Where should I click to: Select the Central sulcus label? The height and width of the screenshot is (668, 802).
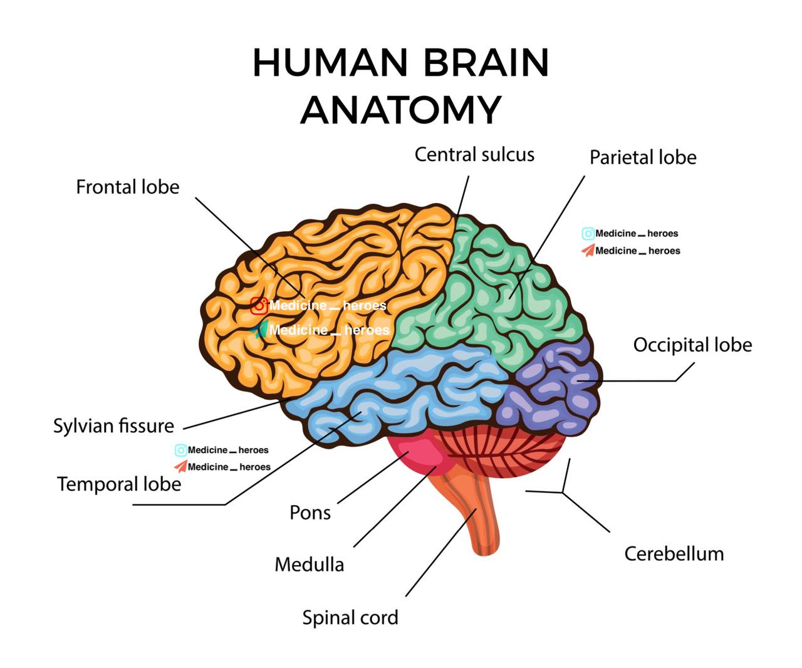tap(474, 155)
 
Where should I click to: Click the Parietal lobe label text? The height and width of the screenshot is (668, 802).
tap(643, 157)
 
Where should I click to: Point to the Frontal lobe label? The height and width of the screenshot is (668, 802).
tap(128, 187)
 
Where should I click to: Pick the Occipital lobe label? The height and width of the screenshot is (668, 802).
tap(692, 345)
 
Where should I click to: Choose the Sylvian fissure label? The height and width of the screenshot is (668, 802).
tap(113, 426)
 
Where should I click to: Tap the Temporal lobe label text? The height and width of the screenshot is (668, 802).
tap(119, 484)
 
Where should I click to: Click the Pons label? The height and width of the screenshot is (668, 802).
tap(310, 513)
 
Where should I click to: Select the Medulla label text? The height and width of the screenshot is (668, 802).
tap(309, 565)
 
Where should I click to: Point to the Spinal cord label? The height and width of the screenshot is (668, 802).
tap(350, 618)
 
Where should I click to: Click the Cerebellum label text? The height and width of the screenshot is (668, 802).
tap(674, 554)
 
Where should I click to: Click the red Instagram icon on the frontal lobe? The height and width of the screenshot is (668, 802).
tap(259, 306)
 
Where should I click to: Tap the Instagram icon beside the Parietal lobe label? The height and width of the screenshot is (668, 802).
tap(588, 234)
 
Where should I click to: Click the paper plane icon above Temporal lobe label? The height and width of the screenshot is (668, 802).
tap(180, 467)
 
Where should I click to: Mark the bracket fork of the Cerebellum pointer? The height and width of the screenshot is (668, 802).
tap(563, 493)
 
